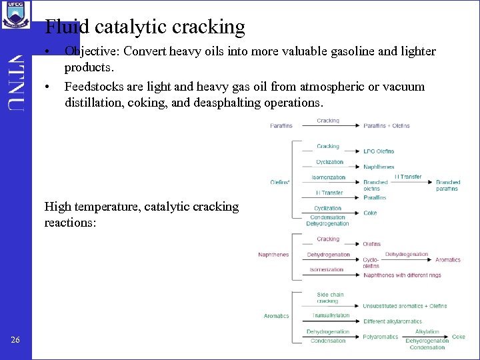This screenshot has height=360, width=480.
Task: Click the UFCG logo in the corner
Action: pos(16,14)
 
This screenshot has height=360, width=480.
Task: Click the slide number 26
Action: pos(15,341)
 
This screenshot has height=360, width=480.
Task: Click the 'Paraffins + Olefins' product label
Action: pos(387,125)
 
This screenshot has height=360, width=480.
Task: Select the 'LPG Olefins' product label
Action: pos(379,151)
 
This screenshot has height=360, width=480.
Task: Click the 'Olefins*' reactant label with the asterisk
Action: pos(280,182)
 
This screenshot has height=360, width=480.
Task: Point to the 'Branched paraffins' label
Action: pos(448,185)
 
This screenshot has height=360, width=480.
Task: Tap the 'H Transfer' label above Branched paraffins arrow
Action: pos(407,177)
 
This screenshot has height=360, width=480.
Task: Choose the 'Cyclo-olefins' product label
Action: pos(371,263)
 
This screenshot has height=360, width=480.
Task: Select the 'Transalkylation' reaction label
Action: pos(331,316)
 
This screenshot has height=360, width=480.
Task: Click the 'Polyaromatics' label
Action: pos(380,337)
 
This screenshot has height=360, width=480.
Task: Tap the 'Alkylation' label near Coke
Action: pos(427,331)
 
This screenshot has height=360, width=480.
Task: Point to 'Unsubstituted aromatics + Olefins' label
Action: pos(405,306)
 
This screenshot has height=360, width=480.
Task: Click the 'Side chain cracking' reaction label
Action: pos(330,298)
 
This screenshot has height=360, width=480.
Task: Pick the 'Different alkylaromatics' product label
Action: pos(393,321)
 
